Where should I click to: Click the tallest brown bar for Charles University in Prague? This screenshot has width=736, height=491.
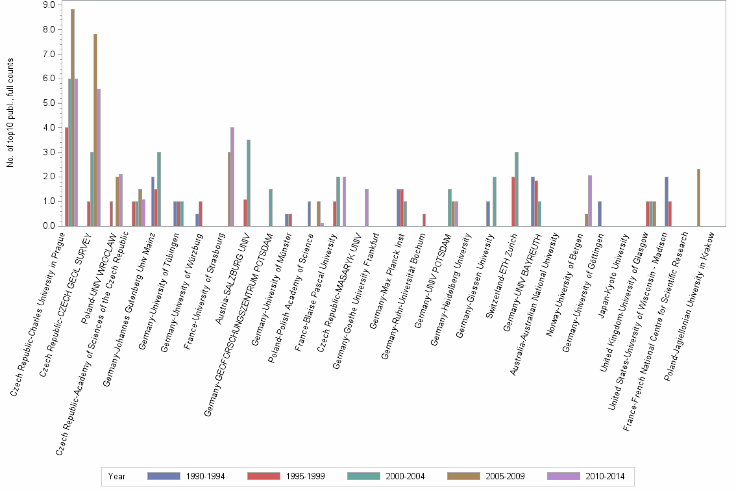73,118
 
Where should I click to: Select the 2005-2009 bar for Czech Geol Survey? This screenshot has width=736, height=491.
95,130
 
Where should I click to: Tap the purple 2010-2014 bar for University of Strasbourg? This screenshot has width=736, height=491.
232,177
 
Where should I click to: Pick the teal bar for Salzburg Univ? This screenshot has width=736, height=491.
249,183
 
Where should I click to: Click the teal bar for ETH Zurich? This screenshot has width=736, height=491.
517,189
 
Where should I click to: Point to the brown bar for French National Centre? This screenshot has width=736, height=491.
698,197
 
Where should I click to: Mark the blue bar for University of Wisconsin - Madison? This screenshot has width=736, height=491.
667,201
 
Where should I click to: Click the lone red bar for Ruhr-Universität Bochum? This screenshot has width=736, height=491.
424,220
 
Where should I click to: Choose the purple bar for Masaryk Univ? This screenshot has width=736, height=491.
367,207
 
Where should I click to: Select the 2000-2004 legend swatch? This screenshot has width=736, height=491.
363,476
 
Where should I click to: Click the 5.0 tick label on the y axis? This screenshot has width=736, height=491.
48,103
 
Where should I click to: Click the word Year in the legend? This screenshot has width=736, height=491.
117,476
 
